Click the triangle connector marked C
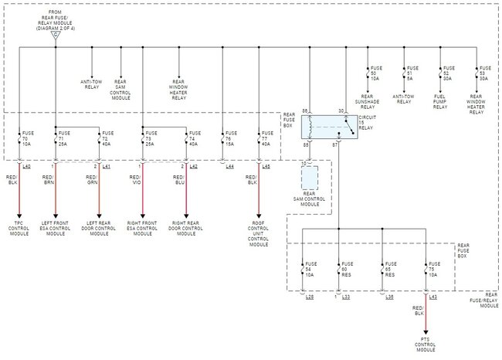point(56,36)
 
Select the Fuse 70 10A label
point(29,138)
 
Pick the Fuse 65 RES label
point(391,270)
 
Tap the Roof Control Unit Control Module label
point(259,235)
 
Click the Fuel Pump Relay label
point(440,103)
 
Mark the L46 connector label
point(266,167)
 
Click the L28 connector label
point(310,297)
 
